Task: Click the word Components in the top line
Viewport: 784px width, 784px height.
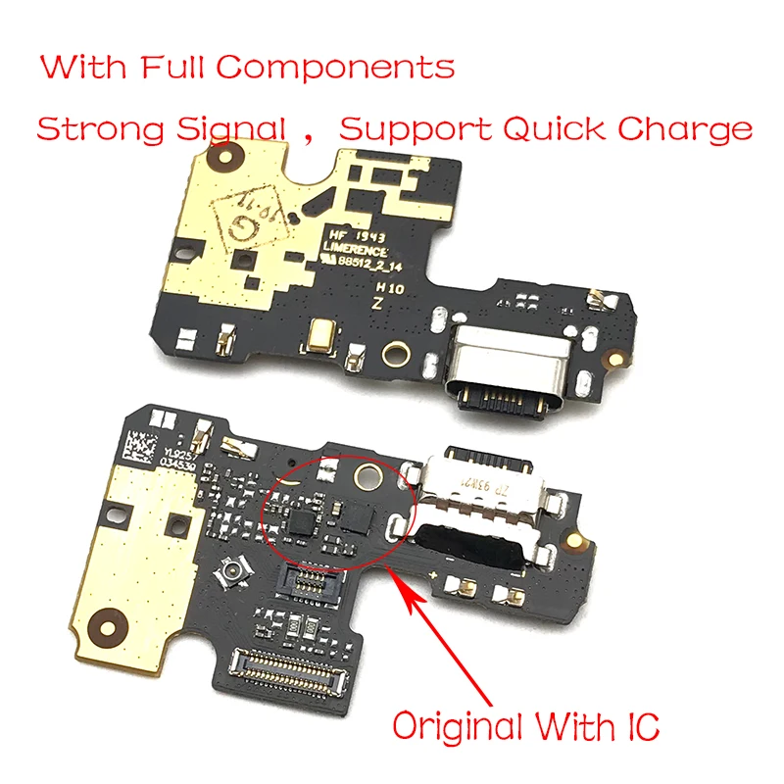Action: click(x=335, y=69)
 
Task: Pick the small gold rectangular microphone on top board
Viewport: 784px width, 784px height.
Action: click(x=318, y=335)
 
